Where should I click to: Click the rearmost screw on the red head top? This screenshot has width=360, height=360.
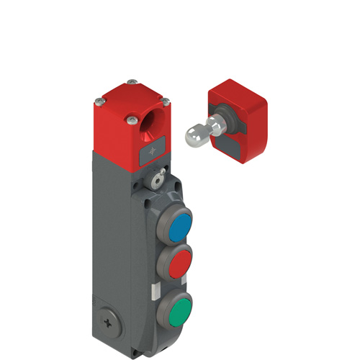130,83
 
